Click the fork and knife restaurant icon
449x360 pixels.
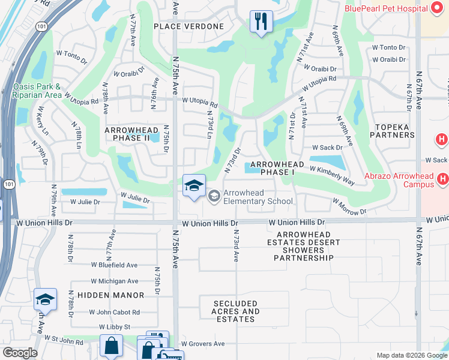point(261,22)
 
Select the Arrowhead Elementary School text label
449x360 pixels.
point(258,197)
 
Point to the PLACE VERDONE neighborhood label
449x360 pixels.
point(188,26)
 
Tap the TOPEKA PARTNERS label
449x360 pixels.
point(394,131)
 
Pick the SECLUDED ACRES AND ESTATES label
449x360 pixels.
point(236,311)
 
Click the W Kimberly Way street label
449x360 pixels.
point(332,173)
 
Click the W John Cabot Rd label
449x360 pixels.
point(114,312)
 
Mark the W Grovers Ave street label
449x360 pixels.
point(203,344)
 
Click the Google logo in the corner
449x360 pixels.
point(20,353)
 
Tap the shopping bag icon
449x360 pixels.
point(111,346)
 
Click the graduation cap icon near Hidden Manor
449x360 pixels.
point(45,299)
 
